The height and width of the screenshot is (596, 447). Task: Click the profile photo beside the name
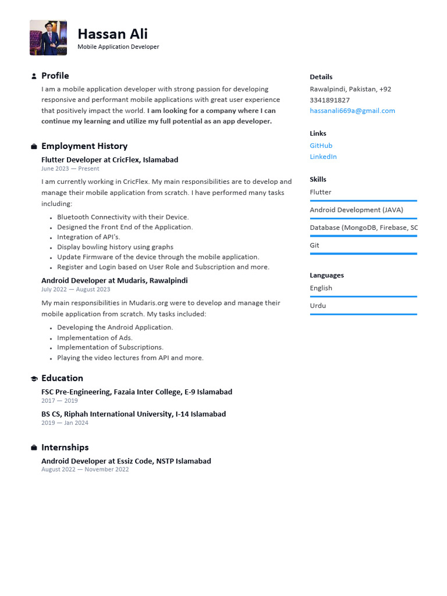pyautogui.click(x=48, y=38)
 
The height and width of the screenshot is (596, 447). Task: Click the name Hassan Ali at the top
pyautogui.click(x=112, y=34)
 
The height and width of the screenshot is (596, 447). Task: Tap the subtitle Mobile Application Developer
pyautogui.click(x=118, y=47)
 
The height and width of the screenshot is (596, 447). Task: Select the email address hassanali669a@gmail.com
pyautogui.click(x=352, y=111)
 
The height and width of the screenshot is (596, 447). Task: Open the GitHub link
pyautogui.click(x=321, y=146)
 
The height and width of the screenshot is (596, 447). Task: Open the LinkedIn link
pyautogui.click(x=323, y=157)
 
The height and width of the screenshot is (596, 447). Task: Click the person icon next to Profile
pyautogui.click(x=34, y=76)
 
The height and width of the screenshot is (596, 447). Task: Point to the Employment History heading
pyautogui.click(x=84, y=146)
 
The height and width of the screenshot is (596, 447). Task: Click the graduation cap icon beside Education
pyautogui.click(x=34, y=379)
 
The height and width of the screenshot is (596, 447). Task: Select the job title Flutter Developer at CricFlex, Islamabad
pyautogui.click(x=109, y=159)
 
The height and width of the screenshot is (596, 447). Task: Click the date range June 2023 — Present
pyautogui.click(x=70, y=169)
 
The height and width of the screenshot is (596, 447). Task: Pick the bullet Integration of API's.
pyautogui.click(x=88, y=237)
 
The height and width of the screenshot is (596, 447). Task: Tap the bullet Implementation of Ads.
pyautogui.click(x=95, y=338)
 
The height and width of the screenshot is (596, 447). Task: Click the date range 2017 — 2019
pyautogui.click(x=59, y=401)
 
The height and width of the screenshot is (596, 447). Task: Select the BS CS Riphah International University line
pyautogui.click(x=133, y=414)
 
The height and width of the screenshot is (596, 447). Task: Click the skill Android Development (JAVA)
pyautogui.click(x=356, y=210)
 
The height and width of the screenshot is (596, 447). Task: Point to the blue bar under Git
pyautogui.click(x=363, y=254)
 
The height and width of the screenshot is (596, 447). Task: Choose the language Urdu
pyautogui.click(x=318, y=306)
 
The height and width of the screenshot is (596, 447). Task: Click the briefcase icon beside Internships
pyautogui.click(x=34, y=448)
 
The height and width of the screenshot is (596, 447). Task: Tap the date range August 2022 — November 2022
pyautogui.click(x=85, y=470)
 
